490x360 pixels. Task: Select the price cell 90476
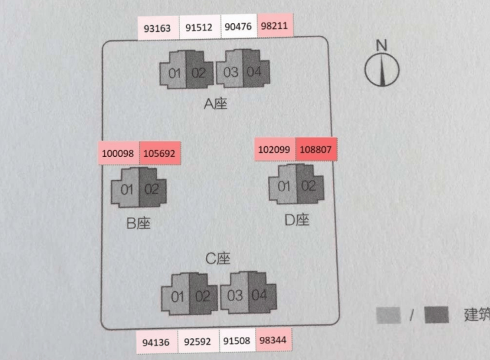pyautogui.click(x=239, y=26)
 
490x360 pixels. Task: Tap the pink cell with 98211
pyautogui.click(x=275, y=25)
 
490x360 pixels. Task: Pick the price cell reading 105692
pyautogui.click(x=160, y=153)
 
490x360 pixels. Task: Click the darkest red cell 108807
pyautogui.click(x=317, y=150)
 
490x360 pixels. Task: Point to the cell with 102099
pyautogui.click(x=275, y=150)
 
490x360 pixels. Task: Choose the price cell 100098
pyautogui.click(x=119, y=153)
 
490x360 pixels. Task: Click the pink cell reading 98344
pyautogui.click(x=273, y=339)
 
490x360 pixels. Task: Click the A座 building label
pyautogui.click(x=215, y=104)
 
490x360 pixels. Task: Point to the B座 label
pyautogui.click(x=138, y=223)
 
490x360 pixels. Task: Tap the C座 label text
pyautogui.click(x=218, y=259)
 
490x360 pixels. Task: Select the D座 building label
pyautogui.click(x=297, y=220)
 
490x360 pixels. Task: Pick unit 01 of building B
pyautogui.click(x=126, y=189)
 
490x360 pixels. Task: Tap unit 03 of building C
pyautogui.click(x=234, y=294)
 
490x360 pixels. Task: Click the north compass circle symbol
pyautogui.click(x=382, y=69)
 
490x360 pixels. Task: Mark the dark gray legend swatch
pyautogui.click(x=436, y=315)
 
